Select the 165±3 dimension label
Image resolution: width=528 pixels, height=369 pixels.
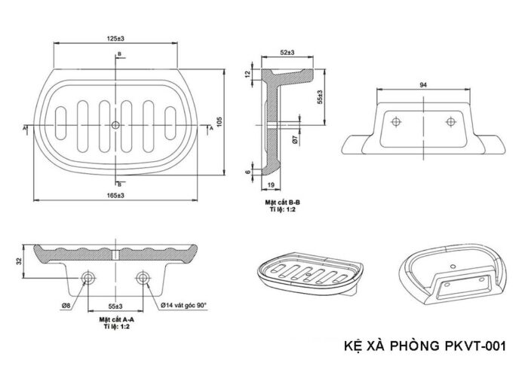115,196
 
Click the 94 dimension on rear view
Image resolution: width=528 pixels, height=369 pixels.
425,84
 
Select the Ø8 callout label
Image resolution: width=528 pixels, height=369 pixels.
66,306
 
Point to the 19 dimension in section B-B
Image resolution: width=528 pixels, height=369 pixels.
270,183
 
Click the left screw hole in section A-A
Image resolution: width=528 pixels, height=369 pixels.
89,279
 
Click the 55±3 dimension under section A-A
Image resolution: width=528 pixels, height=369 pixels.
115,306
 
